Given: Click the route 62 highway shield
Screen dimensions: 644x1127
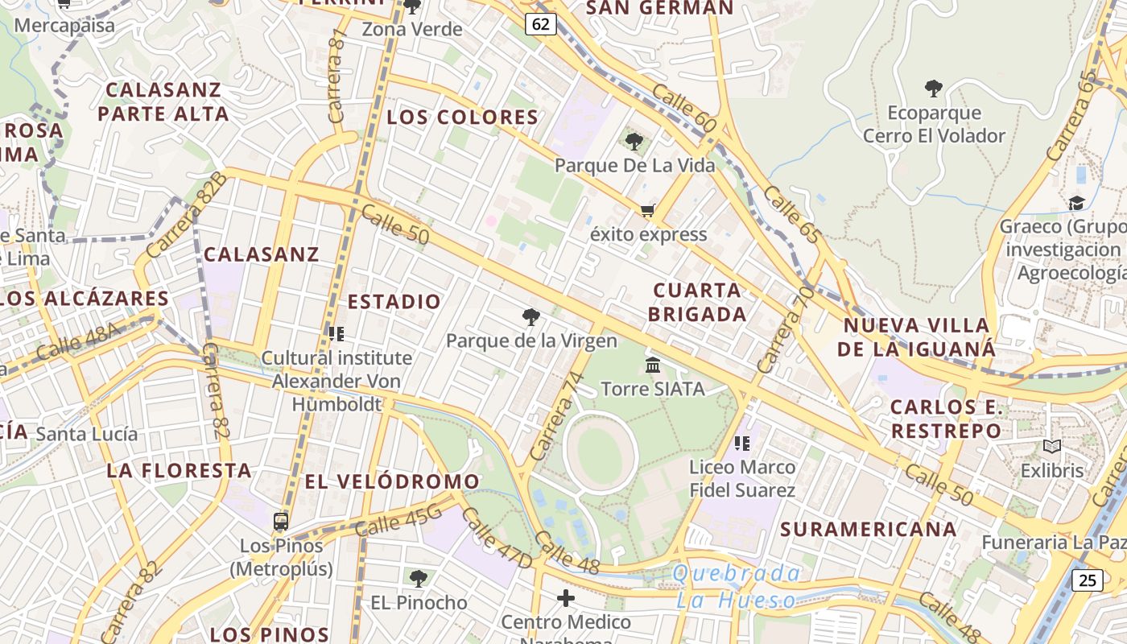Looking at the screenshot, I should point(541,24).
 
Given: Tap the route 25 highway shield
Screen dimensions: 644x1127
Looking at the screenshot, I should point(1087,579).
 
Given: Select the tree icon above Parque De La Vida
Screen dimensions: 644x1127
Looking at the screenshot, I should point(634,142).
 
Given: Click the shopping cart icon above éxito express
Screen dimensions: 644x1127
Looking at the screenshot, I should point(647,211).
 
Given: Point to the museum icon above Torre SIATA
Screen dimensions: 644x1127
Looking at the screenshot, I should point(653,365).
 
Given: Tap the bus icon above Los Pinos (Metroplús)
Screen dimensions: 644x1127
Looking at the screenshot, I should point(281,522).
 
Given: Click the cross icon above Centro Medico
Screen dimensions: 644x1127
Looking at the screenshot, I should point(566,598).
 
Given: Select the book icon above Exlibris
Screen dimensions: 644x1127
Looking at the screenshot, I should point(1051,446).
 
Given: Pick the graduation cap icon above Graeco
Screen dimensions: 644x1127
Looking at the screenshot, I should point(1076,203).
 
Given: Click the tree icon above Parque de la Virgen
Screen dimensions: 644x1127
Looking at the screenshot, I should point(530,317).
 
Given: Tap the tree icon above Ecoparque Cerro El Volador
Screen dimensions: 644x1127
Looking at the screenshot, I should point(934,89).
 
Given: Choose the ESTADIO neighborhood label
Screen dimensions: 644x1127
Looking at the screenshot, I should point(394,302).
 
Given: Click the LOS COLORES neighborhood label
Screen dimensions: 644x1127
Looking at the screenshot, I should point(462,118).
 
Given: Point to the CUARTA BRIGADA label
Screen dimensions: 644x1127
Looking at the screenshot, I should point(697,302).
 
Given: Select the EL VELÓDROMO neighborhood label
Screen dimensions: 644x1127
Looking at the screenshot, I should point(392,481).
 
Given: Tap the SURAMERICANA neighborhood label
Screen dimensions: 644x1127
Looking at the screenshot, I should point(869,529).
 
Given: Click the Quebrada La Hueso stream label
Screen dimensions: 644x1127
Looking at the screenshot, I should point(737,586).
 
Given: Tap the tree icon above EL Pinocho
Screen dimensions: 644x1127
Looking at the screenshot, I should point(418,578).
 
